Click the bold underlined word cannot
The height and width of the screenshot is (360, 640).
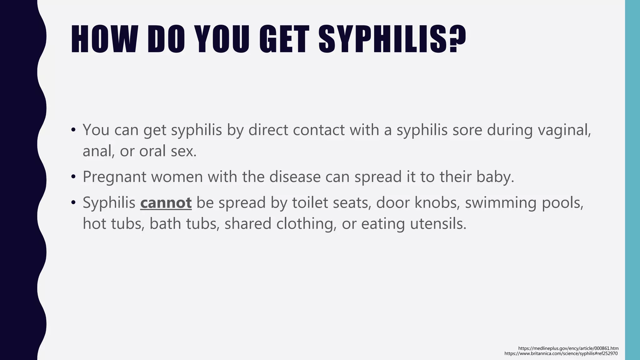tap(166, 202)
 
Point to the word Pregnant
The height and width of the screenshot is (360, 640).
tap(114, 177)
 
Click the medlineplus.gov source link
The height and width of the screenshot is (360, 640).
tap(568, 348)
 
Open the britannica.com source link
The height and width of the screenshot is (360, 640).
tap(561, 353)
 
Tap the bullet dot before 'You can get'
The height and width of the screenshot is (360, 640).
tap(73, 130)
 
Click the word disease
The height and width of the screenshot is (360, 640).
tap(295, 177)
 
